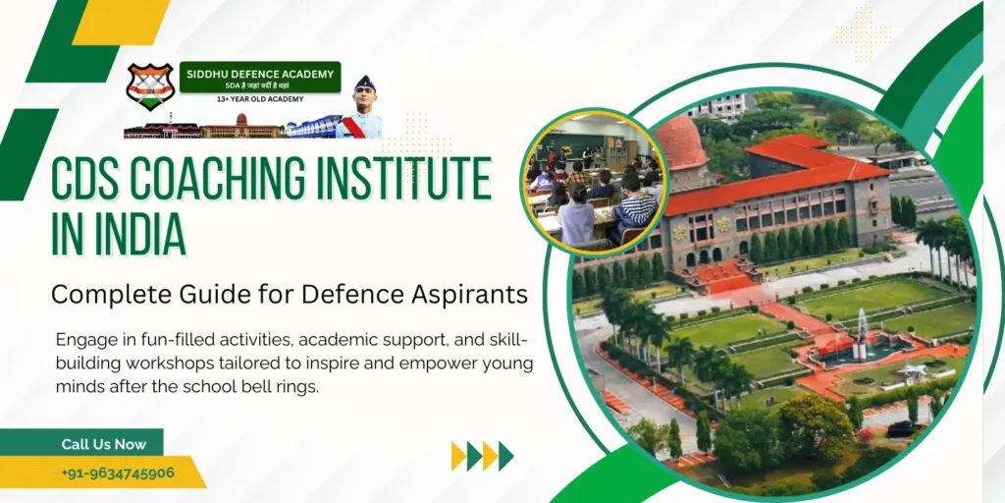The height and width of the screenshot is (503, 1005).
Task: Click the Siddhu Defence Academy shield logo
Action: tap(150, 86)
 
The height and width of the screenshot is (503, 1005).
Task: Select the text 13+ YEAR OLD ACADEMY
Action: tap(260, 99)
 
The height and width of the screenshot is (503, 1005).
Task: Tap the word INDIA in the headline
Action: tap(138, 235)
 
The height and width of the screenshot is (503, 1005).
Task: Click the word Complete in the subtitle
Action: tap(101, 293)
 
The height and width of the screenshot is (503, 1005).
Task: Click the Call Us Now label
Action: tap(103, 444)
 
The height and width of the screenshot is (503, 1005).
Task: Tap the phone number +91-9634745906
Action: tap(118, 473)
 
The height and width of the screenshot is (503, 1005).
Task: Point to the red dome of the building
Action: tap(681, 142)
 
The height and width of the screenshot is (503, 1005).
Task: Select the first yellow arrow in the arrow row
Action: tap(457, 456)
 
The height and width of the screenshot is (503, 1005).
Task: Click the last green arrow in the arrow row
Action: tap(505, 456)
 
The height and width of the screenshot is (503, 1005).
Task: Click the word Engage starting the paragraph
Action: tap(87, 339)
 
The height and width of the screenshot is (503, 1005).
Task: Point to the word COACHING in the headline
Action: tap(239, 180)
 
